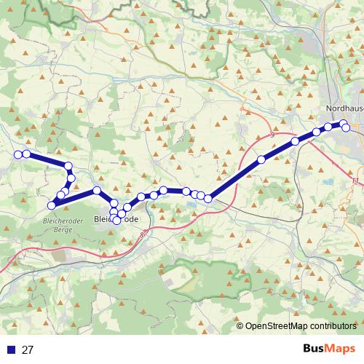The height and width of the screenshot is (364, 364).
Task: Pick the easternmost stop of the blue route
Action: click(347, 128)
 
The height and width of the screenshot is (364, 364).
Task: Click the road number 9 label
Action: click(271, 135)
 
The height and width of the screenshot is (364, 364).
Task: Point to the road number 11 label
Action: click(355, 180)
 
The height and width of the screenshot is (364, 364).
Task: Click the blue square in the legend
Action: click(10, 349)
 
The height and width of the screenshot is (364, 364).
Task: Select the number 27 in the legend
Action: click(28, 349)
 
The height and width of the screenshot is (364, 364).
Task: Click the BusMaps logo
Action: click(329, 349)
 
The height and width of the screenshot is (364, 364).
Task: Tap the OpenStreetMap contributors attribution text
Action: click(301, 326)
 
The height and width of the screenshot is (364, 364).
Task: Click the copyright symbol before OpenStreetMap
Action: click(241, 326)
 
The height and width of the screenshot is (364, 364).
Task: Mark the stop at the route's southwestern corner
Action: click(52, 205)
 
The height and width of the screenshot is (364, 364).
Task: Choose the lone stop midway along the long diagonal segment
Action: click(261, 159)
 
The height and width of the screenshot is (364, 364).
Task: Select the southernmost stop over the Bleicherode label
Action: click(116, 220)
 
